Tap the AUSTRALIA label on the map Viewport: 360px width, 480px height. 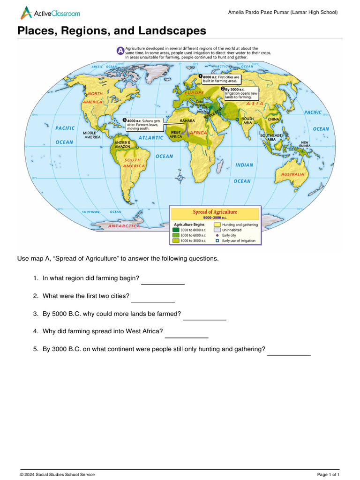(292, 174)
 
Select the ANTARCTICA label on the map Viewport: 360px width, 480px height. (124, 226)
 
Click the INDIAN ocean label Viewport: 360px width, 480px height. (244, 165)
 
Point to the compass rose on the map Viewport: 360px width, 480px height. (180, 177)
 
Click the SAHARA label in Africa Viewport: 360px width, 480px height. (187, 121)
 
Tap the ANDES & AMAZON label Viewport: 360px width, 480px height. (122, 144)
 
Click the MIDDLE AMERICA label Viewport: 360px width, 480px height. (92, 135)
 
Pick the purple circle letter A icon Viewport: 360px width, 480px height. (120, 50)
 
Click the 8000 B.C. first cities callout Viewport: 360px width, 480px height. (220, 79)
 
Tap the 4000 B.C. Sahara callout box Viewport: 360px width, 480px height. (143, 125)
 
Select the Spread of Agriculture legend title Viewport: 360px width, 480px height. (215, 212)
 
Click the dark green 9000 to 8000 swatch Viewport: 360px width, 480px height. (176, 230)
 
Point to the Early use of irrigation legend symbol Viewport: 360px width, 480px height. (217, 241)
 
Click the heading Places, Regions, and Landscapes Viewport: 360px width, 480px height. (112, 31)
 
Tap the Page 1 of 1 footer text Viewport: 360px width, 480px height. (328, 475)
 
